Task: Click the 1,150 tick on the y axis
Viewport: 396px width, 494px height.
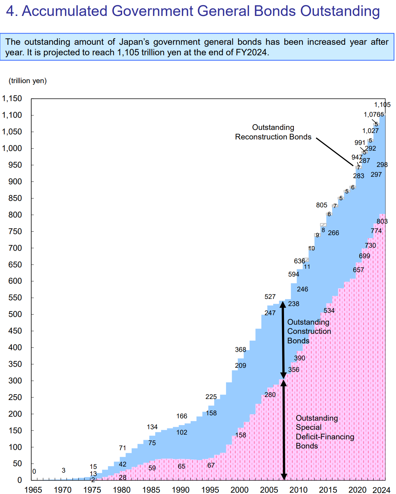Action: click(12, 99)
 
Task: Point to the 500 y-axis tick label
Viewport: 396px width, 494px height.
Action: click(15, 315)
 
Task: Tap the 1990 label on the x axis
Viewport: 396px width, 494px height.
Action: click(181, 490)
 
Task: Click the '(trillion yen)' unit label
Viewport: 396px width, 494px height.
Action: click(28, 81)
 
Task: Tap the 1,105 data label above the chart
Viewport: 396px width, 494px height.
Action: click(382, 105)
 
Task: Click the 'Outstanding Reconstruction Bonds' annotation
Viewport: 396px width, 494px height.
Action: click(273, 132)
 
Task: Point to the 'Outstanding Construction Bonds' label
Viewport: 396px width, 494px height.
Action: click(309, 331)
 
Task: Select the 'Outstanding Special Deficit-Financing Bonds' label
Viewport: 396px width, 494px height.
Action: click(325, 432)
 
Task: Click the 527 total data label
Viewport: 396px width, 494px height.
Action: click(270, 297)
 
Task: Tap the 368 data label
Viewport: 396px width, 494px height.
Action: click(241, 350)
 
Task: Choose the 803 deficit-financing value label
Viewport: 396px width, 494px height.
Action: click(382, 222)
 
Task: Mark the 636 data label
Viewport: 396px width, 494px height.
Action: click(299, 261)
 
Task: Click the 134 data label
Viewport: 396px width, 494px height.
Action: click(152, 427)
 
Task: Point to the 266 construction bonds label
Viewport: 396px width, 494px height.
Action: click(334, 233)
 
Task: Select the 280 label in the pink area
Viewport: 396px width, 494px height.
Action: click(270, 395)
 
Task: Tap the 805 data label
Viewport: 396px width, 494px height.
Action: click(322, 205)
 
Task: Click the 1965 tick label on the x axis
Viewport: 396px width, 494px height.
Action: click(33, 490)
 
